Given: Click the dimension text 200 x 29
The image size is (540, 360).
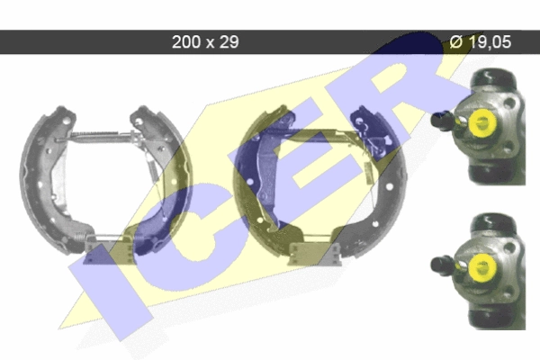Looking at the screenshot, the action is tap(205, 42).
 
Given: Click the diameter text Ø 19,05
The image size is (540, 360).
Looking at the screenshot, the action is tap(481, 42).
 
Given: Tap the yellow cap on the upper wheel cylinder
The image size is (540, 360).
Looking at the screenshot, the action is tap(481, 122).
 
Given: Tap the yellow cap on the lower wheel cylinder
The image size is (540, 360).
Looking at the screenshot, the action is tap(482, 267).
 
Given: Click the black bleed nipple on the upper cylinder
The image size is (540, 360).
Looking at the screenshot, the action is tap(443, 120).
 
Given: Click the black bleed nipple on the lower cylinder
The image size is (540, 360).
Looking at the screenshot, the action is tap(443, 265).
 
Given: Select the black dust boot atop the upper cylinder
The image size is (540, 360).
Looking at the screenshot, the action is tap(493, 78).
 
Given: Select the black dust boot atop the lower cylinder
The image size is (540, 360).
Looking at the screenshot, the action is tap(493, 224).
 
